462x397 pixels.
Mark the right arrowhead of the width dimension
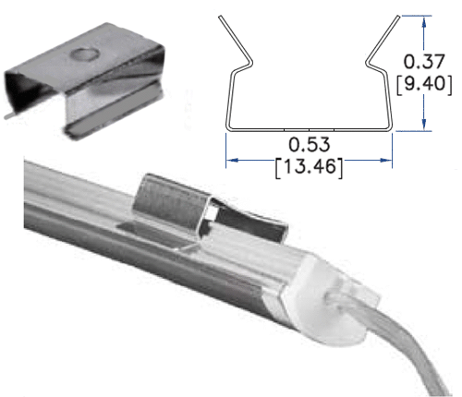click(387, 159)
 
